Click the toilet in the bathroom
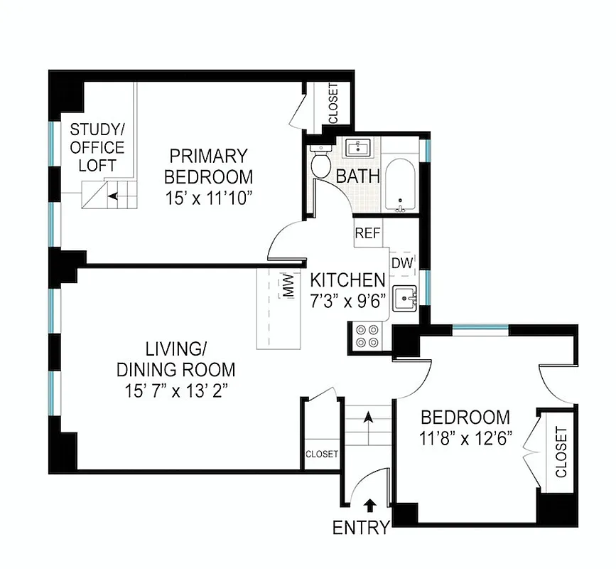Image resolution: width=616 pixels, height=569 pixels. pyautogui.click(x=321, y=163)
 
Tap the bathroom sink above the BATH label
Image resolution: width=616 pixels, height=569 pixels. pyautogui.click(x=358, y=148)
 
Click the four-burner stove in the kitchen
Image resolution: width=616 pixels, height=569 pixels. pyautogui.click(x=366, y=336)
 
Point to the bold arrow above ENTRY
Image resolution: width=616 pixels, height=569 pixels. pyautogui.click(x=370, y=506)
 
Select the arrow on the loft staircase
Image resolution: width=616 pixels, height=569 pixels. pyautogui.click(x=112, y=194)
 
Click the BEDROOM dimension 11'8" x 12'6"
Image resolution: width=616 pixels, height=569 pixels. pyautogui.click(x=465, y=437)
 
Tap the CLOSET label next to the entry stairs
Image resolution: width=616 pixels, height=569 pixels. pyautogui.click(x=321, y=454)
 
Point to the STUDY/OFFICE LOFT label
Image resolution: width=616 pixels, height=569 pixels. pyautogui.click(x=97, y=148)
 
